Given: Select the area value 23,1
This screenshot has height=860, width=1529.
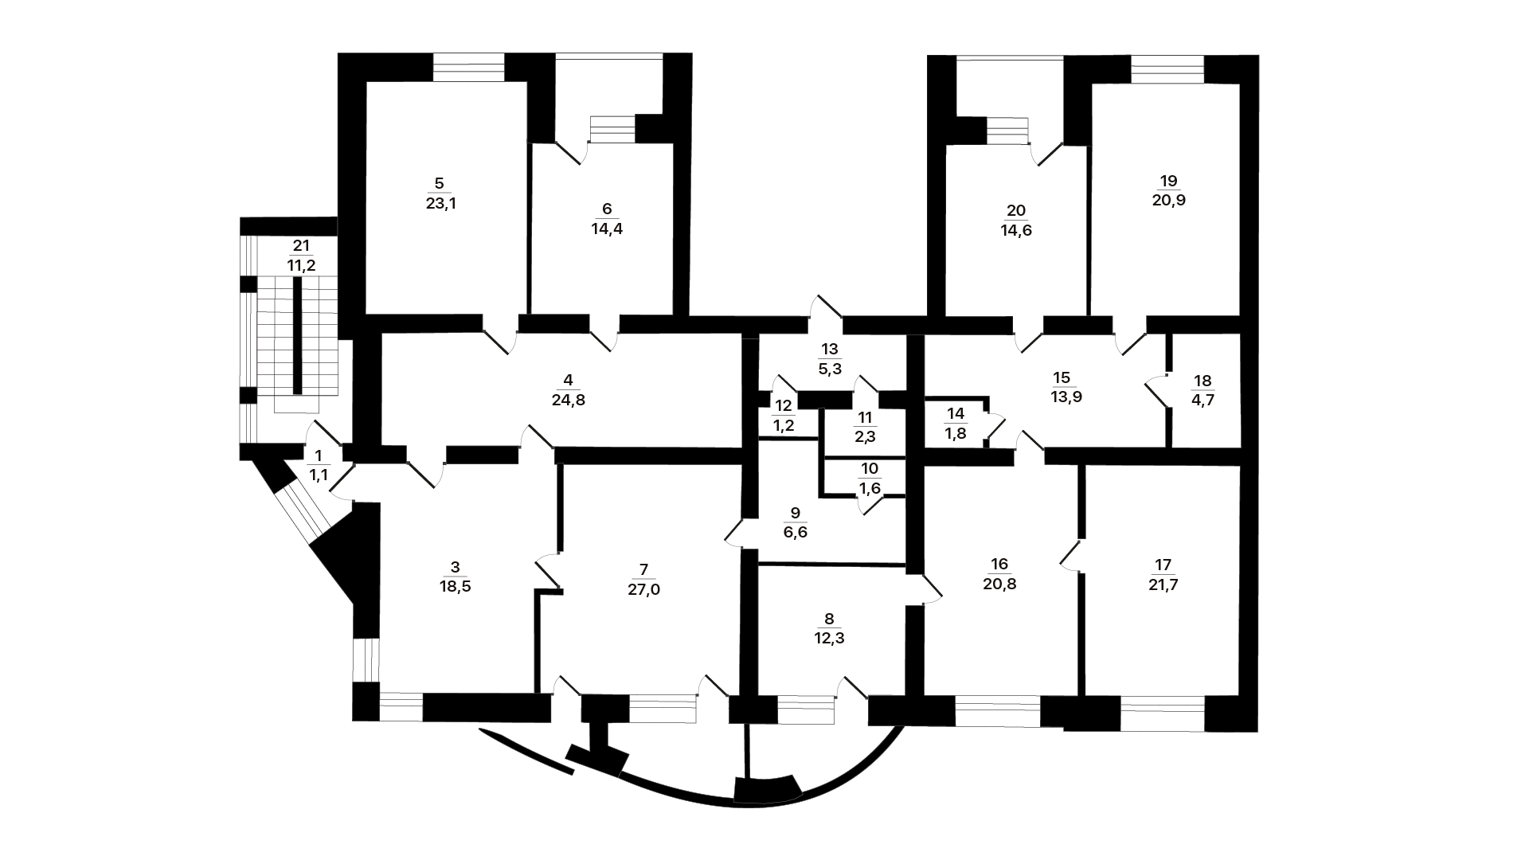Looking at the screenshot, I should pyautogui.click(x=440, y=203).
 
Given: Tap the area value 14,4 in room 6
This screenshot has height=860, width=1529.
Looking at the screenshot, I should pyautogui.click(x=607, y=229).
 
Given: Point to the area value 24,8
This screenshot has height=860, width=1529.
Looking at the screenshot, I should pyautogui.click(x=568, y=400).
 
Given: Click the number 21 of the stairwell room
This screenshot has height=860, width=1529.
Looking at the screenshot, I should pyautogui.click(x=300, y=246).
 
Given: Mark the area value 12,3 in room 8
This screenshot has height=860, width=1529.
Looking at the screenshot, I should pyautogui.click(x=829, y=638).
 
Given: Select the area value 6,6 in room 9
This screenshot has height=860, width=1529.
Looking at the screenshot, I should pyautogui.click(x=795, y=532).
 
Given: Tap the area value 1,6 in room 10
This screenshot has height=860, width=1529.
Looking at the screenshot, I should pyautogui.click(x=870, y=488).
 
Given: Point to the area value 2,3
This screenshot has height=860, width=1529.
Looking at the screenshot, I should pyautogui.click(x=865, y=436).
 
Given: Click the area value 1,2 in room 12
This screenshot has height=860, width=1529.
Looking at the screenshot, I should pyautogui.click(x=784, y=426).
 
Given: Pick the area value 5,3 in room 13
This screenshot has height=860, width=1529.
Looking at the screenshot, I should pyautogui.click(x=830, y=369).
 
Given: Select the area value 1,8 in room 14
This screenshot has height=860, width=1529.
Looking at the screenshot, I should pyautogui.click(x=955, y=434).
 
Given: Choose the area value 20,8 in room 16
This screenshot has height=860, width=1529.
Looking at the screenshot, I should pyautogui.click(x=999, y=584).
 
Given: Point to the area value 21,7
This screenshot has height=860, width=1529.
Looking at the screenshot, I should pyautogui.click(x=1163, y=584).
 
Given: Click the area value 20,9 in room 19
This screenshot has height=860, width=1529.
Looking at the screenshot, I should pyautogui.click(x=1168, y=201).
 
